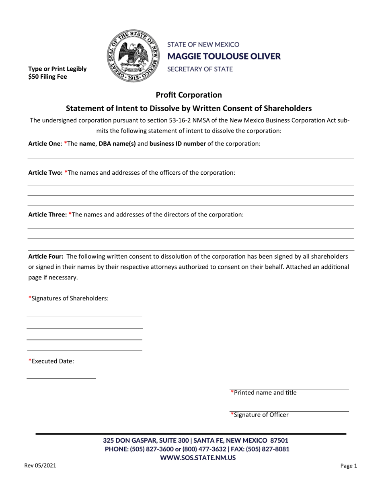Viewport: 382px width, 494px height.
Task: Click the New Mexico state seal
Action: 133,56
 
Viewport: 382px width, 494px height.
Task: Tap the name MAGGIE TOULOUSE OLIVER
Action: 224,56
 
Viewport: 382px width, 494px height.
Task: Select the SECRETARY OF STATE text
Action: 200,69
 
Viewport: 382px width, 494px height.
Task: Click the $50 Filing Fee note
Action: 47,76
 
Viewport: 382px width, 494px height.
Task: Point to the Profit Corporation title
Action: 189,95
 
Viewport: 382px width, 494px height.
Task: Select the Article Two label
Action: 45,172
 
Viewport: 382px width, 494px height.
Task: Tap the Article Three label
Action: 47,214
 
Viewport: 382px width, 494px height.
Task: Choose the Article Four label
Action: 45,256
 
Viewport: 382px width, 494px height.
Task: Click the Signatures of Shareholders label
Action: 68,298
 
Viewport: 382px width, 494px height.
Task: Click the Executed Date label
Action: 51,361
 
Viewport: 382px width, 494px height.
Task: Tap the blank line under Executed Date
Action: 61,378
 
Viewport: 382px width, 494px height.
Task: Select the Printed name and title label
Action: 264,392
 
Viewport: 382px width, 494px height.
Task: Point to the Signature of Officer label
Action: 260,415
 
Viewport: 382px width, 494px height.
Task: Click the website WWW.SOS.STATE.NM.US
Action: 198,457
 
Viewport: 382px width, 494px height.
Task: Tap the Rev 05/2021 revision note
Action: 40,466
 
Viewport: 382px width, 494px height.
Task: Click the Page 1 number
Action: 349,466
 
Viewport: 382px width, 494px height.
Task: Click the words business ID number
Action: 177,143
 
